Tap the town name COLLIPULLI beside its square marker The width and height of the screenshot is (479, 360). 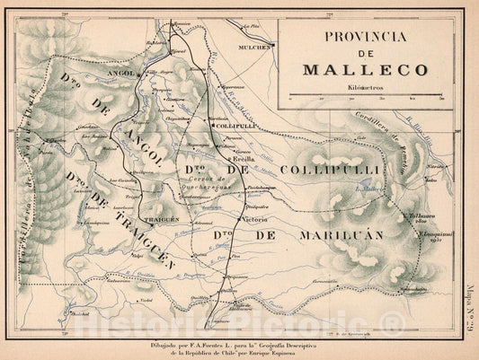(237, 127)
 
